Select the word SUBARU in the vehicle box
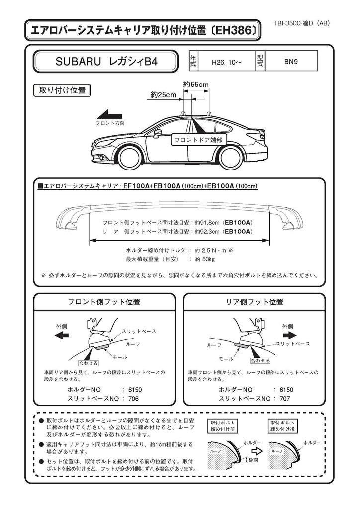tap(76, 63)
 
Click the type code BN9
tap(291, 62)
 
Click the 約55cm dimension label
tap(195, 85)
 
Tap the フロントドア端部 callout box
tap(196, 140)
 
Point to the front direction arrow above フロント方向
tap(110, 113)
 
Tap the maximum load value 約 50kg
tap(205, 259)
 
